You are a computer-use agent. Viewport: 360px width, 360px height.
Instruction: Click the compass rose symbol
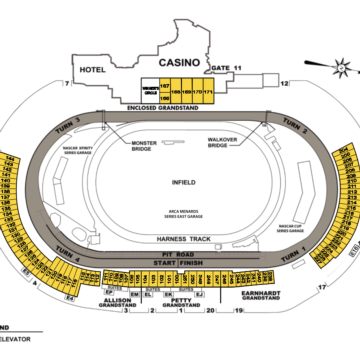342,69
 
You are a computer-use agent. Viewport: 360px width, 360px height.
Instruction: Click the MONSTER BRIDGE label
144,145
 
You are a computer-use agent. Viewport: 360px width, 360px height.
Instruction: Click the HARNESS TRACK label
179,240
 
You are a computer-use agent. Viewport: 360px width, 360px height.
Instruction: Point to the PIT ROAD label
180,255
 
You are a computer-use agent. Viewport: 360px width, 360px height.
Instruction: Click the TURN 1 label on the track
292,258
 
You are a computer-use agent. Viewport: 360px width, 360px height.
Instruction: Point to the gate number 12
284,84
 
